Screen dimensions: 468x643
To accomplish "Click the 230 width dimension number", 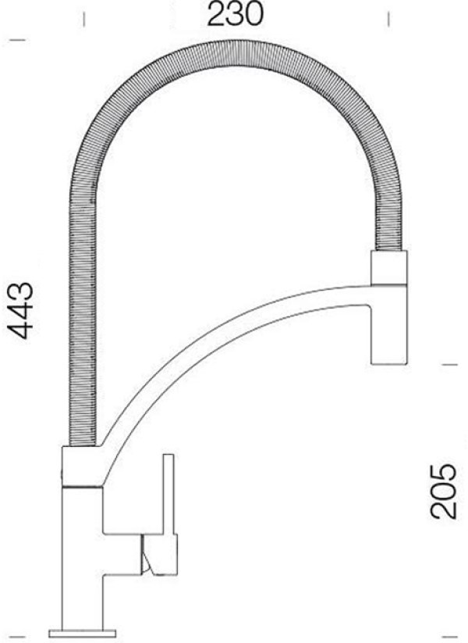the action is pos(235,14).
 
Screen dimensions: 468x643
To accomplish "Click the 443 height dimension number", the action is pos(20,310).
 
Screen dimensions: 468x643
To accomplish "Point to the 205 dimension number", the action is pos(443,491).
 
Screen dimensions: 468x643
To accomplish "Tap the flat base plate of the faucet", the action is pos(83,634).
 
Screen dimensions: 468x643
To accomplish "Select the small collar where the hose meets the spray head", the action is pos(389,268).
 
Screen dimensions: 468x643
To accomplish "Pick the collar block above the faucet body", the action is pos(83,466).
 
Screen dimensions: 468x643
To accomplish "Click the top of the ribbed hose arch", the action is pos(233,54).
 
